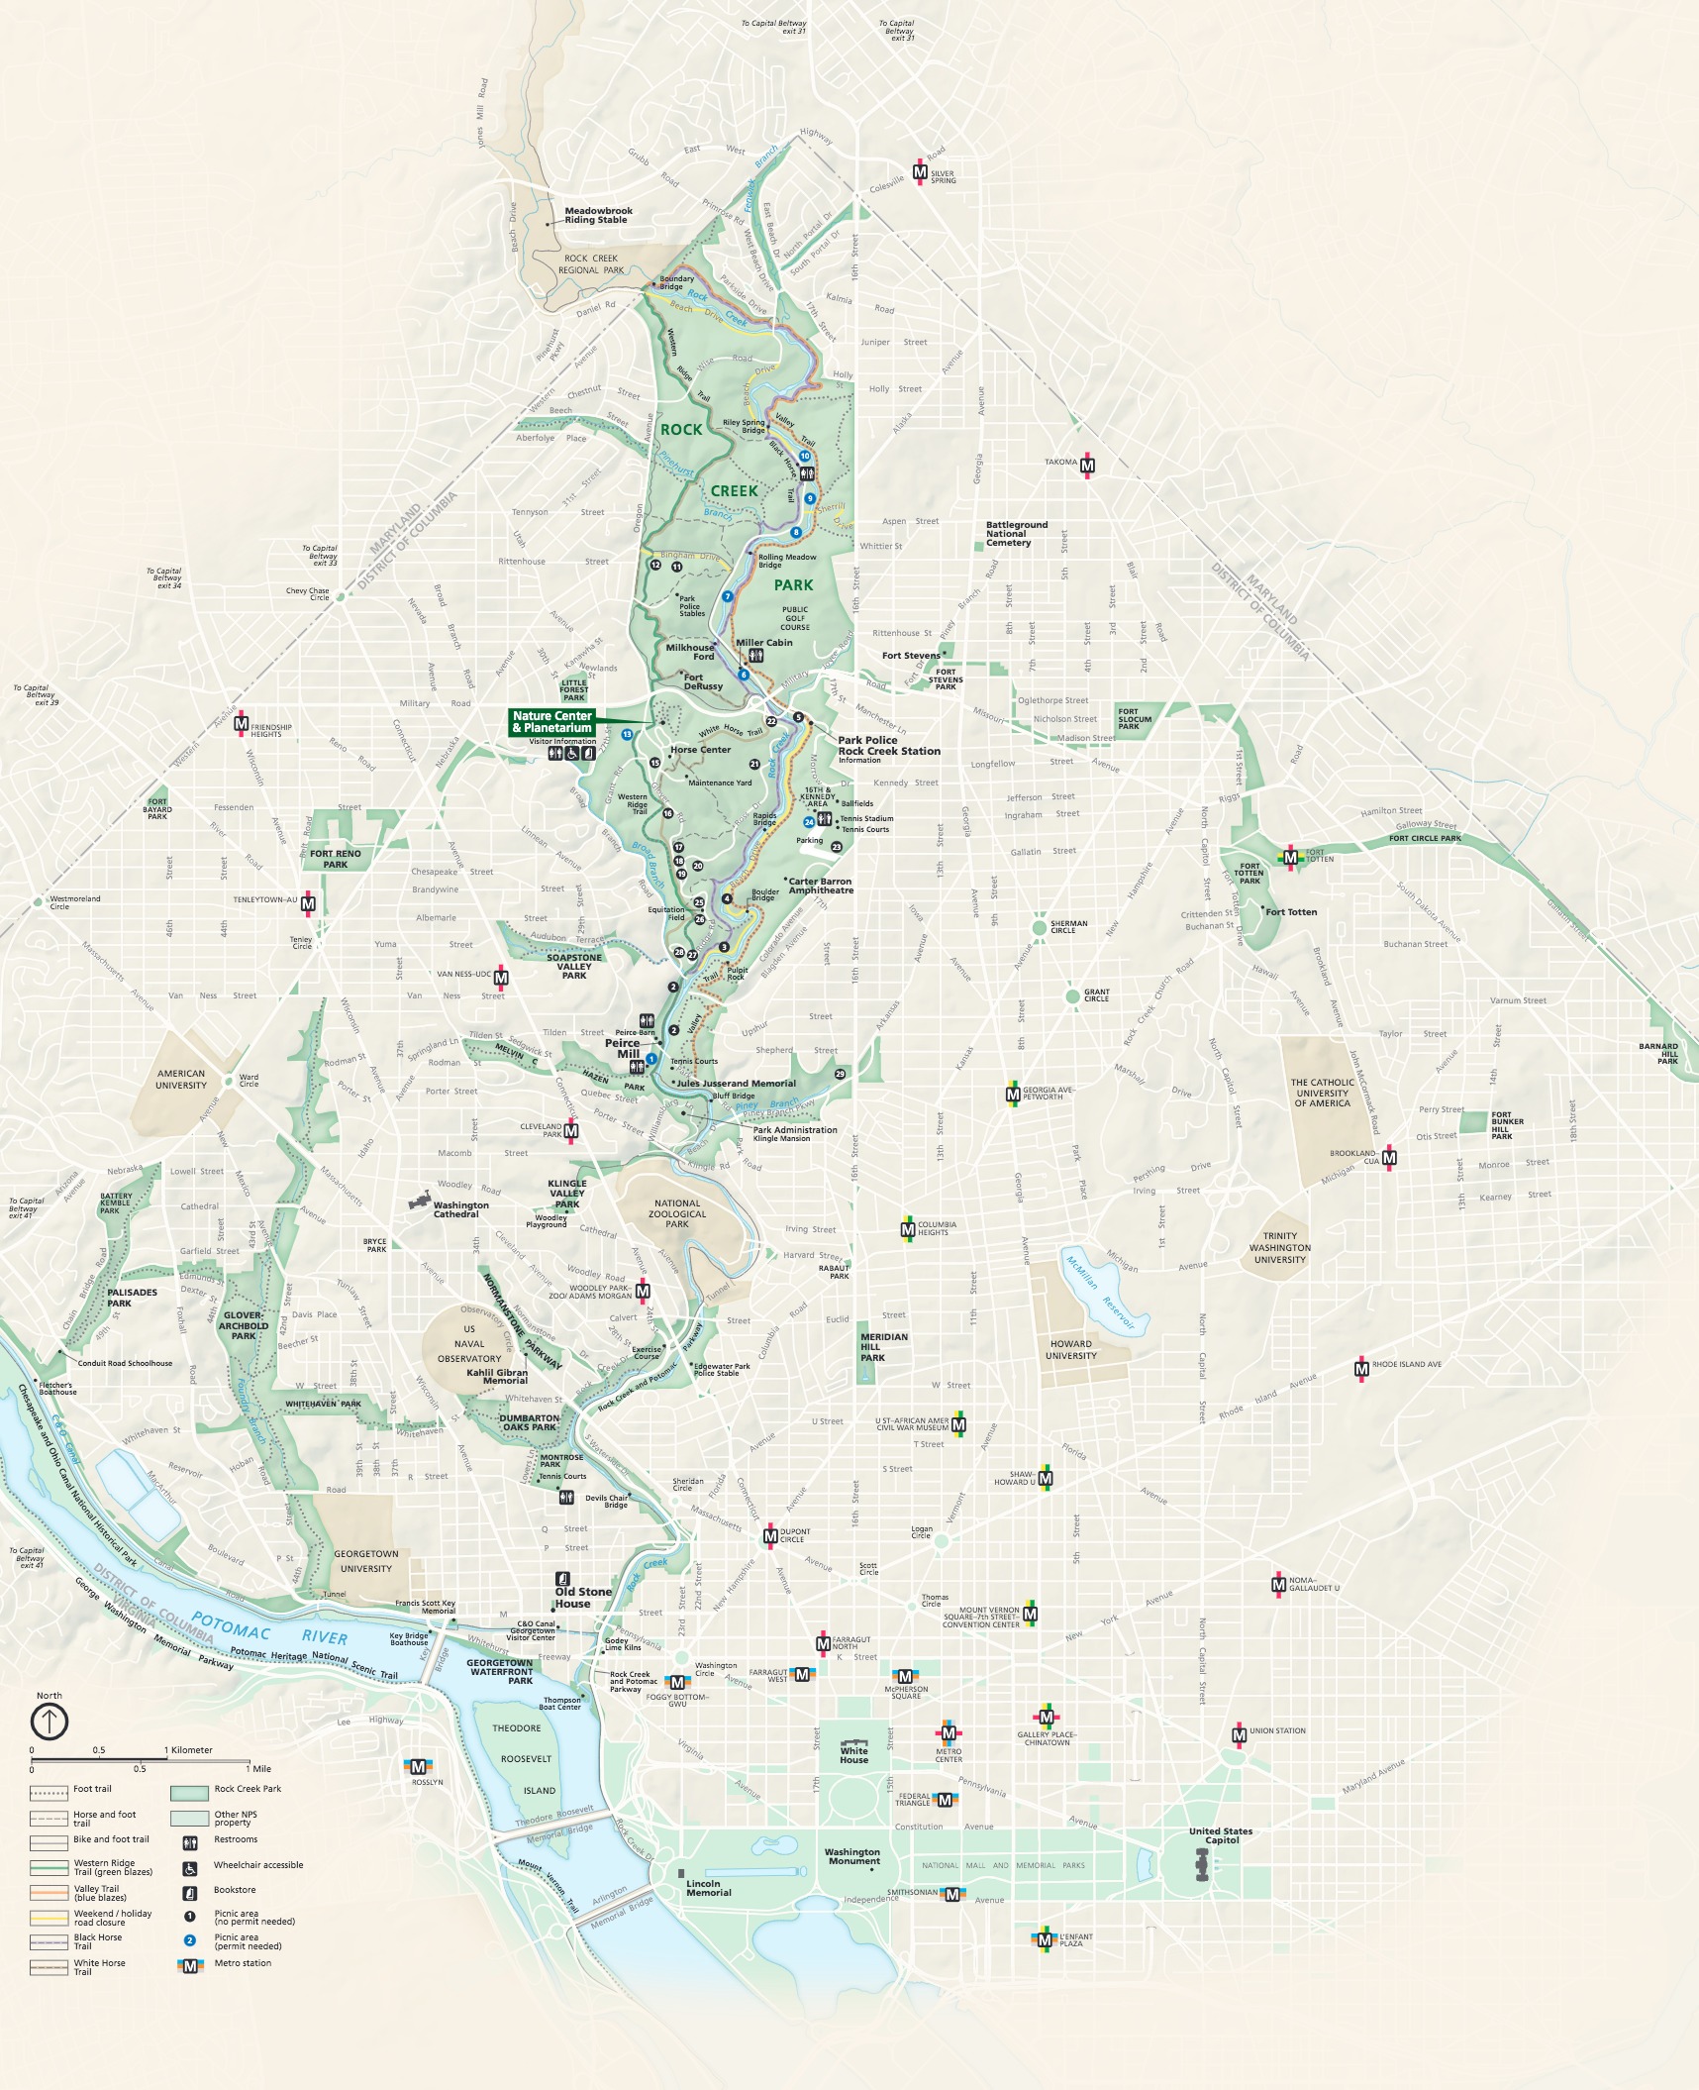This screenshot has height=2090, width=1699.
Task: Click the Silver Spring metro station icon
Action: tap(920, 173)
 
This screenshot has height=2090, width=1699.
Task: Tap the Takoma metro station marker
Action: tap(1087, 465)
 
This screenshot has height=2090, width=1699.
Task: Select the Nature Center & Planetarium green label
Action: tap(552, 722)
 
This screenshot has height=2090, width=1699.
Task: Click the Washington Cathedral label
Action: tap(460, 1209)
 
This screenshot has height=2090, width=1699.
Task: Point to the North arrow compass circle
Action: tap(50, 1722)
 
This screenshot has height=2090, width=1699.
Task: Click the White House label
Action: tap(853, 1755)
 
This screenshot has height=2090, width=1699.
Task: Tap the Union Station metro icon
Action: tap(1239, 1735)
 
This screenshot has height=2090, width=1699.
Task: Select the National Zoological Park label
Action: tap(677, 1213)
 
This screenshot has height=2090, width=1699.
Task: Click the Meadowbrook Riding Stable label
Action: tap(598, 215)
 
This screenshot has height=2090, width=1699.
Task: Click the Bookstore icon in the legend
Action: tap(190, 1890)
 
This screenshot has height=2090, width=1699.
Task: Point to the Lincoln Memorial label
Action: tap(708, 1888)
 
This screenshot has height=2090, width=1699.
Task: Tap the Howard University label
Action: tap(1070, 1350)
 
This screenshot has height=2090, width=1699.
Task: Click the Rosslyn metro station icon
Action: tap(418, 1767)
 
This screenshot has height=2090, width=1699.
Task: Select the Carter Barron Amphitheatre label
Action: tap(821, 886)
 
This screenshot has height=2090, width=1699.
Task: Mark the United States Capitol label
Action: tap(1221, 1835)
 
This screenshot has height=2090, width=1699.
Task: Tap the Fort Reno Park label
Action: tap(335, 859)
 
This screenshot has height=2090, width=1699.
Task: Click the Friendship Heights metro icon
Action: tap(241, 725)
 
